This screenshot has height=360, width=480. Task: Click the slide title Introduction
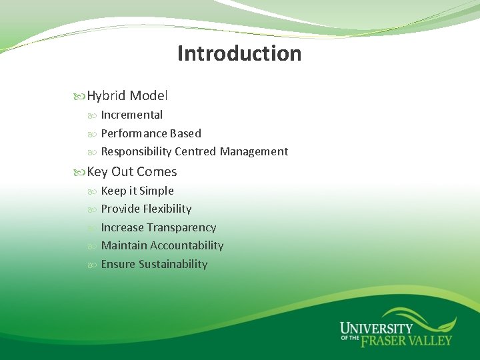[239, 53]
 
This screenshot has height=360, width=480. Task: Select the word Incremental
[131, 115]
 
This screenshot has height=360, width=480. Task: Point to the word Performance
[130, 133]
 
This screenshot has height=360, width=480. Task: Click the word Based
[181, 133]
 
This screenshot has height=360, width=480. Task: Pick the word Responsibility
[136, 151]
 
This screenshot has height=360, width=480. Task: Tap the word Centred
[195, 151]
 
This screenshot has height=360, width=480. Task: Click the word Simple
[156, 191]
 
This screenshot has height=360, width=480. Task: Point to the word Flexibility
[167, 209]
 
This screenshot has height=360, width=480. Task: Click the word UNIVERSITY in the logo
[376, 329]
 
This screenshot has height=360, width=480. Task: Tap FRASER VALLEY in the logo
[406, 341]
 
